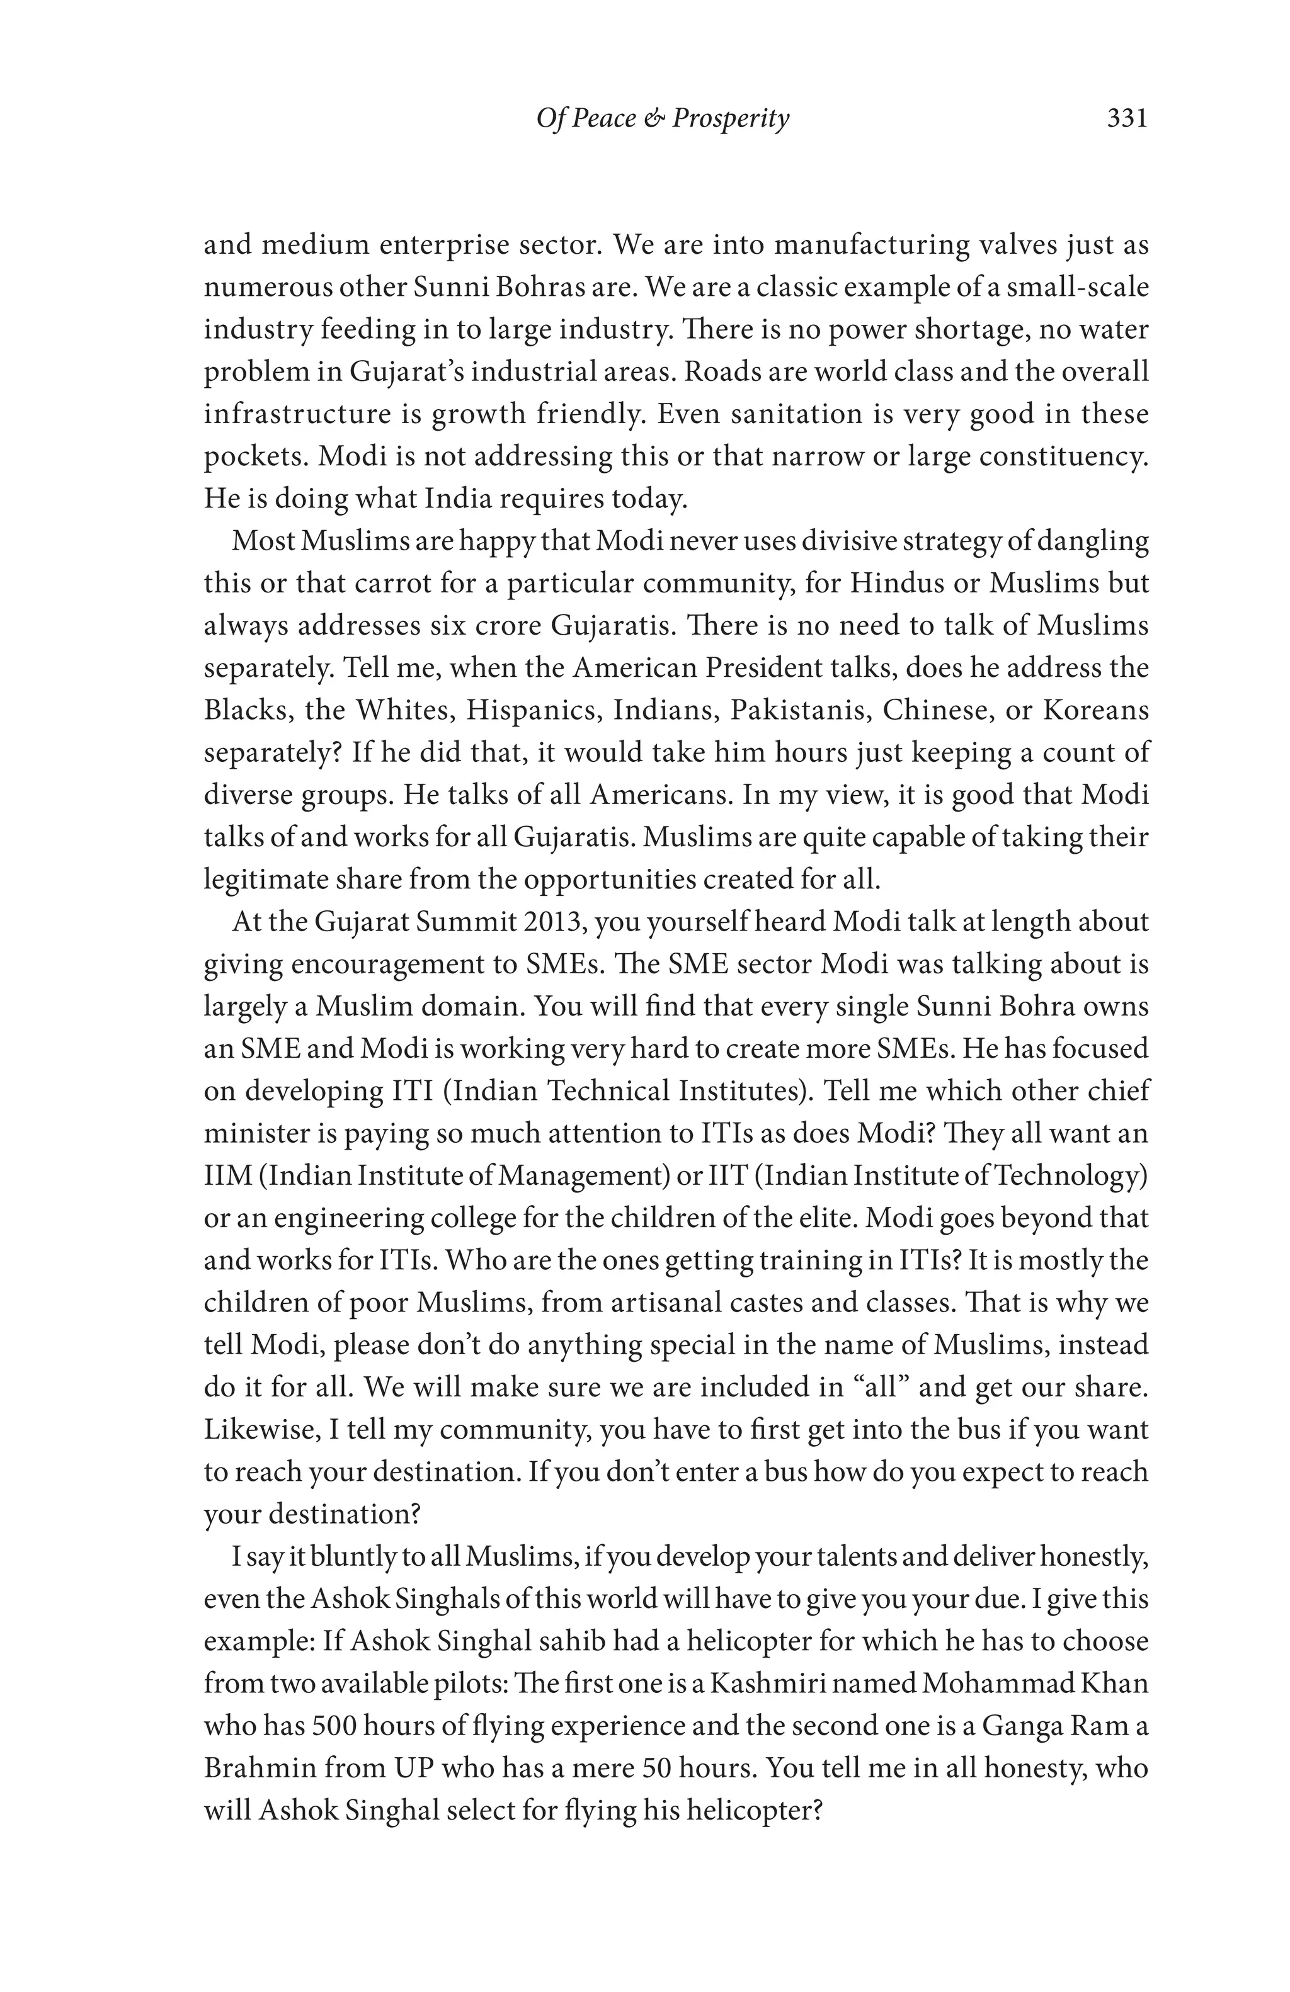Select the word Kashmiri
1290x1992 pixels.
768,1683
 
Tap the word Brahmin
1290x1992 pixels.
258,1768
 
